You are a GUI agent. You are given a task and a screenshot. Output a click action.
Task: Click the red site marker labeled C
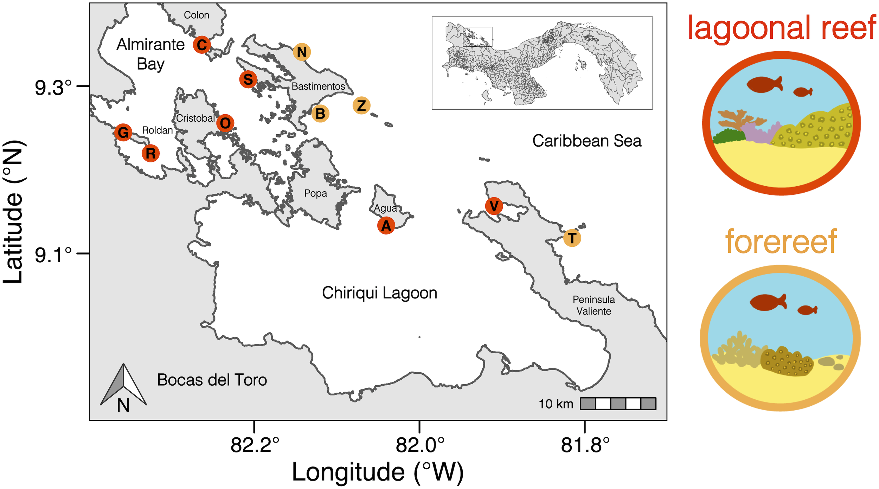coord(202,45)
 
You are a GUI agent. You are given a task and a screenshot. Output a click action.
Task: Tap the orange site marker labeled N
coord(302,52)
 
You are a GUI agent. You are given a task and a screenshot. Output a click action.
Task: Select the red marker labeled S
coord(248,79)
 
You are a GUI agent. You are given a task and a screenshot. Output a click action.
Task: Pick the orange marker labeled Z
coord(361,105)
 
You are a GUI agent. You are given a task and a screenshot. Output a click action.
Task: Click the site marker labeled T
coord(572,238)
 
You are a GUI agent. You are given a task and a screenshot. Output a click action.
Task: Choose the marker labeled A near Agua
coord(386,225)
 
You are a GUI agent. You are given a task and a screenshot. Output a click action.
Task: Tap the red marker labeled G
coord(123,133)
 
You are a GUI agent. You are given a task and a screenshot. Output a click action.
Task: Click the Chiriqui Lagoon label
coord(379,293)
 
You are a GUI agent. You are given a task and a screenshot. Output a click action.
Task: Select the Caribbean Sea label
coord(586,141)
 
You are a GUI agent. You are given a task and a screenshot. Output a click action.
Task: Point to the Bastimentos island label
coord(318,86)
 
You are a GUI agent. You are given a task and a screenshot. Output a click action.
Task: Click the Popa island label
coord(315,193)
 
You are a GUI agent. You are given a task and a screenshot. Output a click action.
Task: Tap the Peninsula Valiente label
coord(594,305)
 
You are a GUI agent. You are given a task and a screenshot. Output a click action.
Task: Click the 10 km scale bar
coord(618,404)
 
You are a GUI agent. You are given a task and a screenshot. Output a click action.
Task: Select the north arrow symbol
coord(123,387)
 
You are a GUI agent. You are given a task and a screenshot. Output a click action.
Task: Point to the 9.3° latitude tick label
coord(53,88)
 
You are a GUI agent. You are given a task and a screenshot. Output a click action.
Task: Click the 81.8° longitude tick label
coord(585,445)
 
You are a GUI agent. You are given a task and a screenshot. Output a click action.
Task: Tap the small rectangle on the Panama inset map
coord(477,37)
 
